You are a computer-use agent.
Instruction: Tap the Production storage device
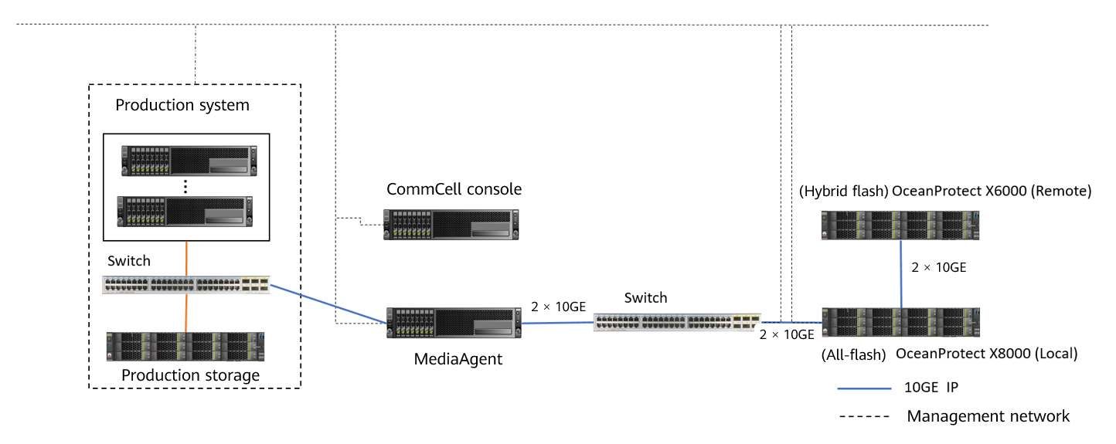pyautogui.click(x=186, y=347)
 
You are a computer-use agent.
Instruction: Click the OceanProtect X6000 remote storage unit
pyautogui.click(x=901, y=225)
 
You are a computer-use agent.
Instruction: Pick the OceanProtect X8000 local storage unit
pyautogui.click(x=901, y=323)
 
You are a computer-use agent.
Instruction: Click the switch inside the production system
pyautogui.click(x=186, y=284)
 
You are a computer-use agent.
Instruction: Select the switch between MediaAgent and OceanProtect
pyautogui.click(x=677, y=322)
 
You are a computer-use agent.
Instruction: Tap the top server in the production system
pyautogui.click(x=186, y=161)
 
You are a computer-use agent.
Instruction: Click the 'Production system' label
pyautogui.click(x=182, y=105)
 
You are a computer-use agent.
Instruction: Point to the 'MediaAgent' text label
pyautogui.click(x=458, y=358)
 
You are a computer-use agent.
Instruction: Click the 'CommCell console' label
pyautogui.click(x=454, y=189)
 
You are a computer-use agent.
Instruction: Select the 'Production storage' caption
pyautogui.click(x=191, y=375)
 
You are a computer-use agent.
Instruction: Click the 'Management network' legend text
pyautogui.click(x=988, y=416)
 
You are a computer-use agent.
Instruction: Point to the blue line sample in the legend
pyautogui.click(x=865, y=388)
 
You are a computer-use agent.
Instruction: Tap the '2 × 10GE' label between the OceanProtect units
pyautogui.click(x=939, y=268)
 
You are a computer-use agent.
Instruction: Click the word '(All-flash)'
pyautogui.click(x=852, y=354)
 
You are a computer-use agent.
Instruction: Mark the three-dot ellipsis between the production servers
pyautogui.click(x=186, y=186)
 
